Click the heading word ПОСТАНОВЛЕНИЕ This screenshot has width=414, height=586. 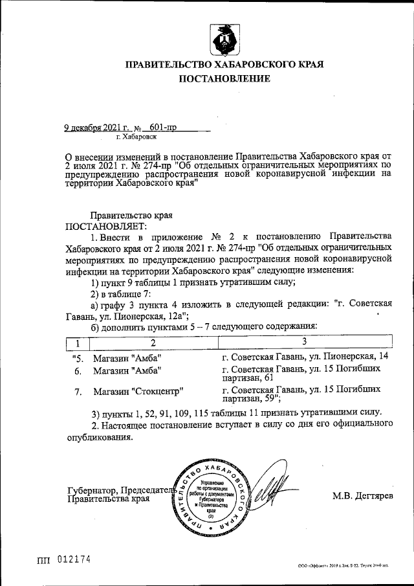[x=224, y=79]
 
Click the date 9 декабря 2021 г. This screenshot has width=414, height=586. [x=94, y=128]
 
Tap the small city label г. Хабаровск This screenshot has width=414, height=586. [x=136, y=137]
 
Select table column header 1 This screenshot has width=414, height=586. [x=77, y=342]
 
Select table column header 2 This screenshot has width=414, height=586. [x=153, y=342]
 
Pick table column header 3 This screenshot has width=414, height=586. [x=304, y=341]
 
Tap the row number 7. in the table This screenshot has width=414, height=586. [x=78, y=392]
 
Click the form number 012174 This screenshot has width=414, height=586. [x=72, y=559]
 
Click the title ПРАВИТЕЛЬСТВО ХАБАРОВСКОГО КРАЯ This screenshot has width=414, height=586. [x=224, y=64]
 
